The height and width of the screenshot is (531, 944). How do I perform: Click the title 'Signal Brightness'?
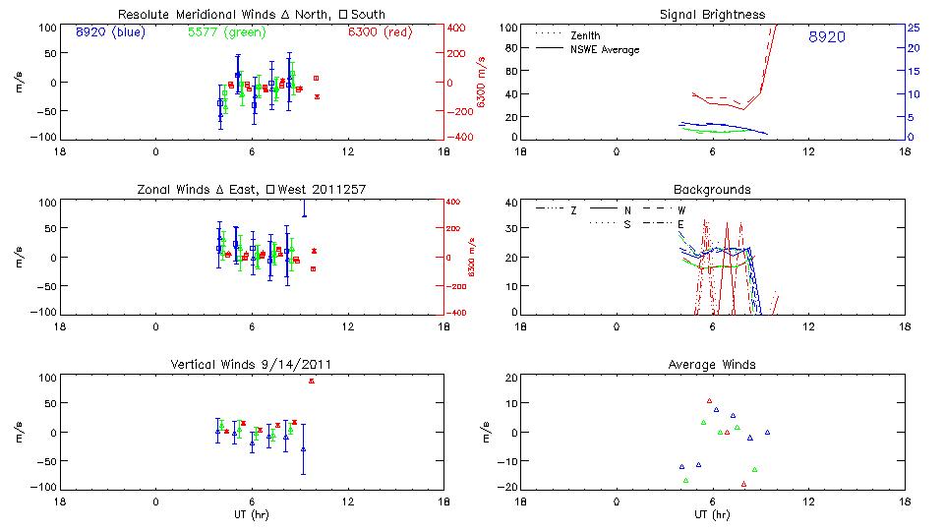(713, 15)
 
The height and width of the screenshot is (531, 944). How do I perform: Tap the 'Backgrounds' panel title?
(712, 189)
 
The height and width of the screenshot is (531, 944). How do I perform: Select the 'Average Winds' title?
(712, 365)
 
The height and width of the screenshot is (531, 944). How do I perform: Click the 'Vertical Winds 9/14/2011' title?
(251, 365)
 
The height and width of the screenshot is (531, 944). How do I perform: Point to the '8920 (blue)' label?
(108, 31)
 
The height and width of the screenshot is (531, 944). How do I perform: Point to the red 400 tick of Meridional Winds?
(459, 27)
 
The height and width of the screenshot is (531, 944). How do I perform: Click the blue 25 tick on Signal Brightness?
(913, 27)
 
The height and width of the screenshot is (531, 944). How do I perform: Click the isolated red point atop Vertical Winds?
(312, 381)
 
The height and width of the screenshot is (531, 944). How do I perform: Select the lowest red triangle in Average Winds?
(743, 484)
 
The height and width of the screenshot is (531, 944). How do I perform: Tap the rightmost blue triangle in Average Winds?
(767, 432)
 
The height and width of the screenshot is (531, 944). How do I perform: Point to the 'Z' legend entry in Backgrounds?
(574, 209)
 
